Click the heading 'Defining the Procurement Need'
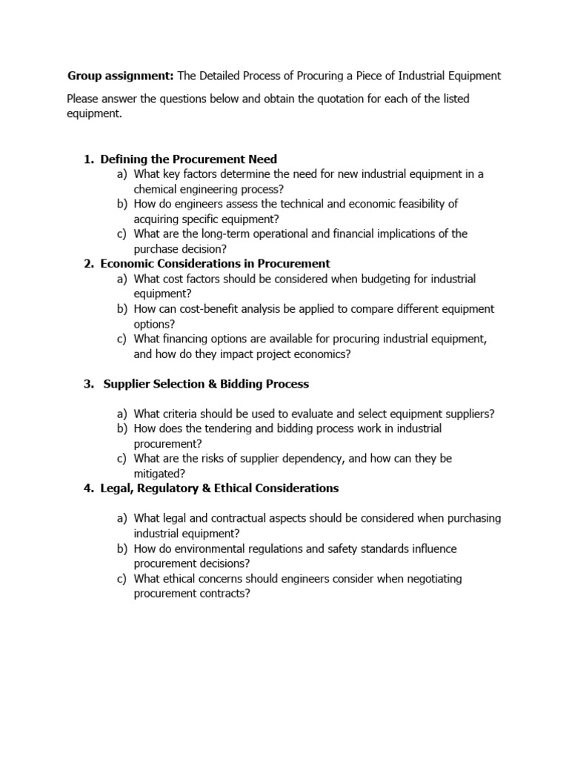tap(188, 159)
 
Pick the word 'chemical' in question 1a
tap(156, 189)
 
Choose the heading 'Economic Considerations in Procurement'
tap(215, 264)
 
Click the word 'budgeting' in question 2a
tap(346, 279)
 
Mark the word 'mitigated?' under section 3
tap(160, 474)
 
